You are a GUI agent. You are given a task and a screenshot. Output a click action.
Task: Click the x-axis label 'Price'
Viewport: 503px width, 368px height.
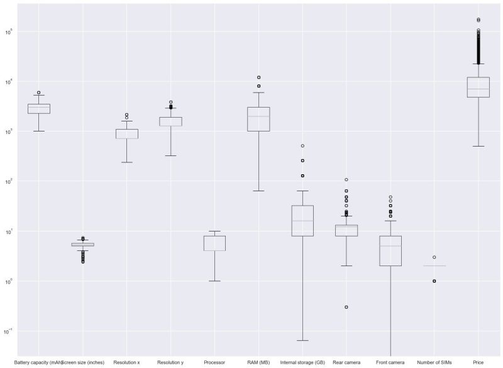478,362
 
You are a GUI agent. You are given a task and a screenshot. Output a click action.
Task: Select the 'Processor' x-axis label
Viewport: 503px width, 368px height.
214,362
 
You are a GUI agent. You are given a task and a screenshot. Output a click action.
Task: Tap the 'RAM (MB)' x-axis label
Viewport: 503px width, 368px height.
258,362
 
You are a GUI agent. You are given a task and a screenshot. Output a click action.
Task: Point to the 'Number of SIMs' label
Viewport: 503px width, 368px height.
434,362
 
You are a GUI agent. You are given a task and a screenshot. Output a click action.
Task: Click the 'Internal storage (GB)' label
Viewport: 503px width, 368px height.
302,362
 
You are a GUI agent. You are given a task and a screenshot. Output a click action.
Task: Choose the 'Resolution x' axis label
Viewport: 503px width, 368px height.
126,362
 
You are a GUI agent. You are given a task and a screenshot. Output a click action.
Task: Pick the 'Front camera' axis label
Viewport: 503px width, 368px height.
390,362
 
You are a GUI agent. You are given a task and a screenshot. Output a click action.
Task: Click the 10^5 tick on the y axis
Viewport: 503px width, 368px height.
9,31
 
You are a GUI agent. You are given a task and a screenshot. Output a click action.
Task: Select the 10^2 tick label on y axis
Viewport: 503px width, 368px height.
9,181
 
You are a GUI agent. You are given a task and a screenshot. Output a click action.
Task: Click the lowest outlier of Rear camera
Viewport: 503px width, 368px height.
346,307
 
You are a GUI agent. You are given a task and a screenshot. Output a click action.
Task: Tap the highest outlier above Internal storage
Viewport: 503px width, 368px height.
302,146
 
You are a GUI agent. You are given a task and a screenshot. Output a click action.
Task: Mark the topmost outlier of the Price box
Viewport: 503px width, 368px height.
478,20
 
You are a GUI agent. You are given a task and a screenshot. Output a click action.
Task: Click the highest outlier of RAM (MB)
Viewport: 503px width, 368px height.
258,77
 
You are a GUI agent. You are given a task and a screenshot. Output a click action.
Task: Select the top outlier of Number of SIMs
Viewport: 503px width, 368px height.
434,257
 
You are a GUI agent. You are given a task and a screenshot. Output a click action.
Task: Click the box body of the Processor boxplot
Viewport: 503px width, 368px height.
214,243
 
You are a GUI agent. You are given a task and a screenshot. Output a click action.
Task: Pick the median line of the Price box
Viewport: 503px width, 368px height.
478,89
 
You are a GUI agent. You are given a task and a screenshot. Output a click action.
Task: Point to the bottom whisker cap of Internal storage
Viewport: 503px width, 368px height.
302,340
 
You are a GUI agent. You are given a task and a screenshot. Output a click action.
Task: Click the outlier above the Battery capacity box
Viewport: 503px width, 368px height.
39,92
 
